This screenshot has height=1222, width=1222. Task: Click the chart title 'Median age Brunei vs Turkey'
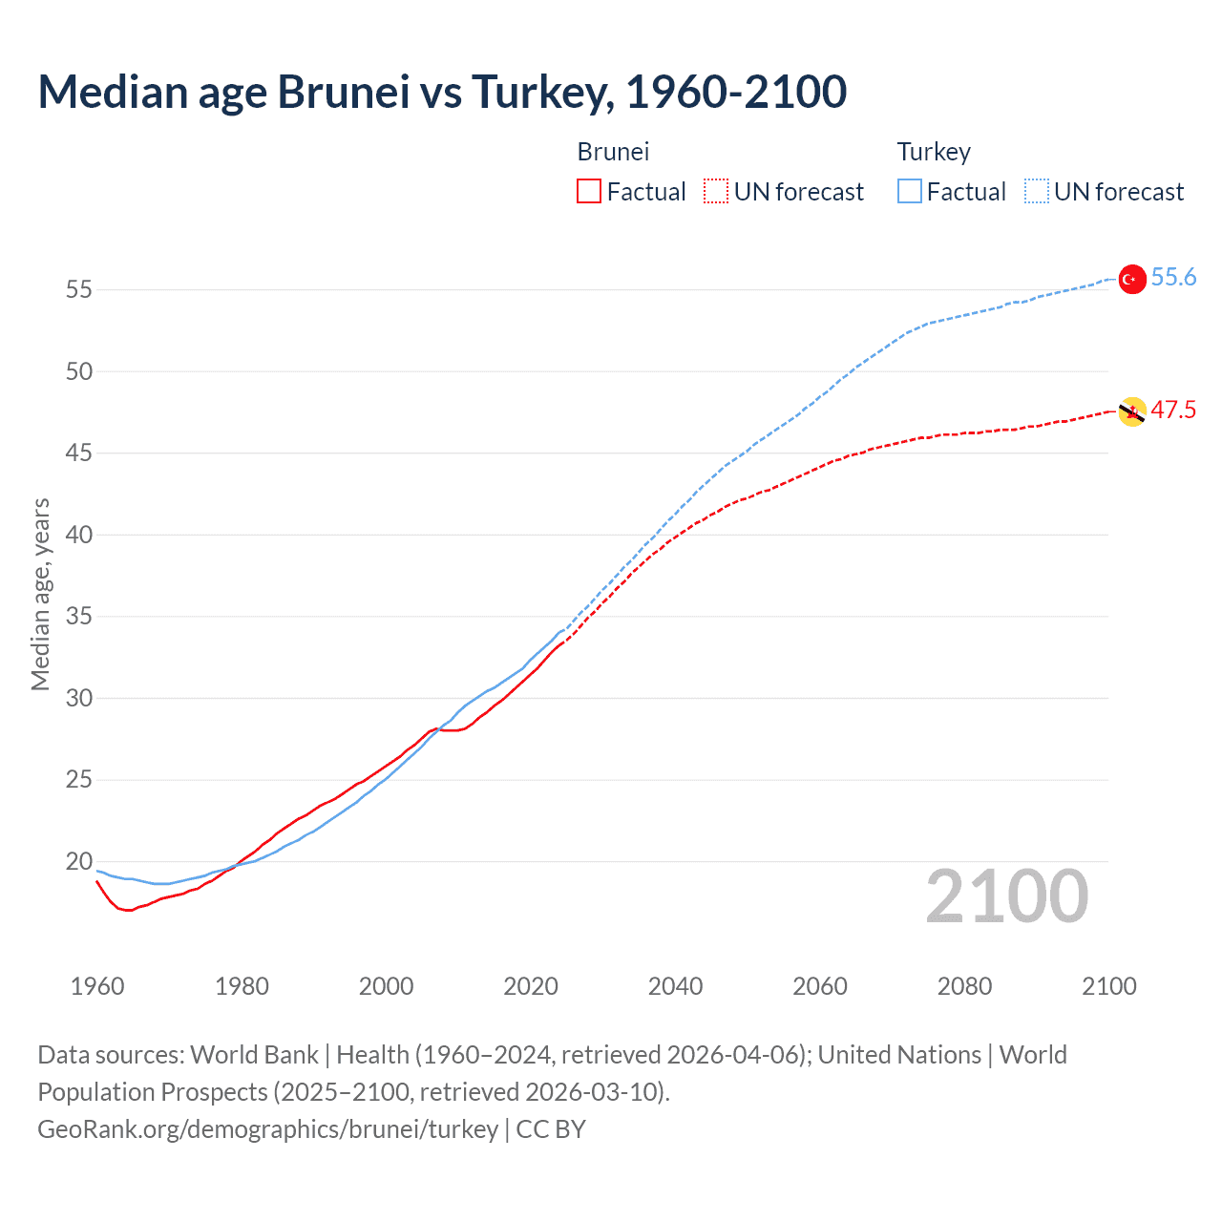(x=442, y=92)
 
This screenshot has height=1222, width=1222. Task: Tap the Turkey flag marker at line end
(x=1131, y=279)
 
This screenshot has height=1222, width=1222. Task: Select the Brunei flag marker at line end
(x=1131, y=411)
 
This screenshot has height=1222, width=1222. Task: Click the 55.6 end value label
(x=1173, y=278)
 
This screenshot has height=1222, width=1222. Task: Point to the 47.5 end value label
(x=1173, y=411)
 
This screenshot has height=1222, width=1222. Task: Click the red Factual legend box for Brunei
(x=589, y=192)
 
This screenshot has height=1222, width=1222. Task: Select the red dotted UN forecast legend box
(x=716, y=192)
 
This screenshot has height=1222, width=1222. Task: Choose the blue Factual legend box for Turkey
(x=909, y=192)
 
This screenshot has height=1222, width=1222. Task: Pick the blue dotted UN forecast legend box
(x=1036, y=192)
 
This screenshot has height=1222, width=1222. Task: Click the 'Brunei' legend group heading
(x=613, y=152)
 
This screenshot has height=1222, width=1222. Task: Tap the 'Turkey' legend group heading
(x=933, y=152)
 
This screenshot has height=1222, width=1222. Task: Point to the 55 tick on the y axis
(x=79, y=289)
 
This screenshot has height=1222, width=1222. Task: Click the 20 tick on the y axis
(x=79, y=861)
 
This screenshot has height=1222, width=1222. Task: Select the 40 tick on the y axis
(x=79, y=535)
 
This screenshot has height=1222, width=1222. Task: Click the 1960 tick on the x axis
(x=97, y=986)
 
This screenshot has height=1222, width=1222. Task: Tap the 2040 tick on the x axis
(x=675, y=986)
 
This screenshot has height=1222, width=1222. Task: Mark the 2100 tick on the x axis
(x=1108, y=986)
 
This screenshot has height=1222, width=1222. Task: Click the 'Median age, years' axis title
(x=40, y=594)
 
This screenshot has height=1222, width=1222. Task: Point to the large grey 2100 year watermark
(x=1006, y=896)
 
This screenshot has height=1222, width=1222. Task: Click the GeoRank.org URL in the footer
(x=267, y=1129)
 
